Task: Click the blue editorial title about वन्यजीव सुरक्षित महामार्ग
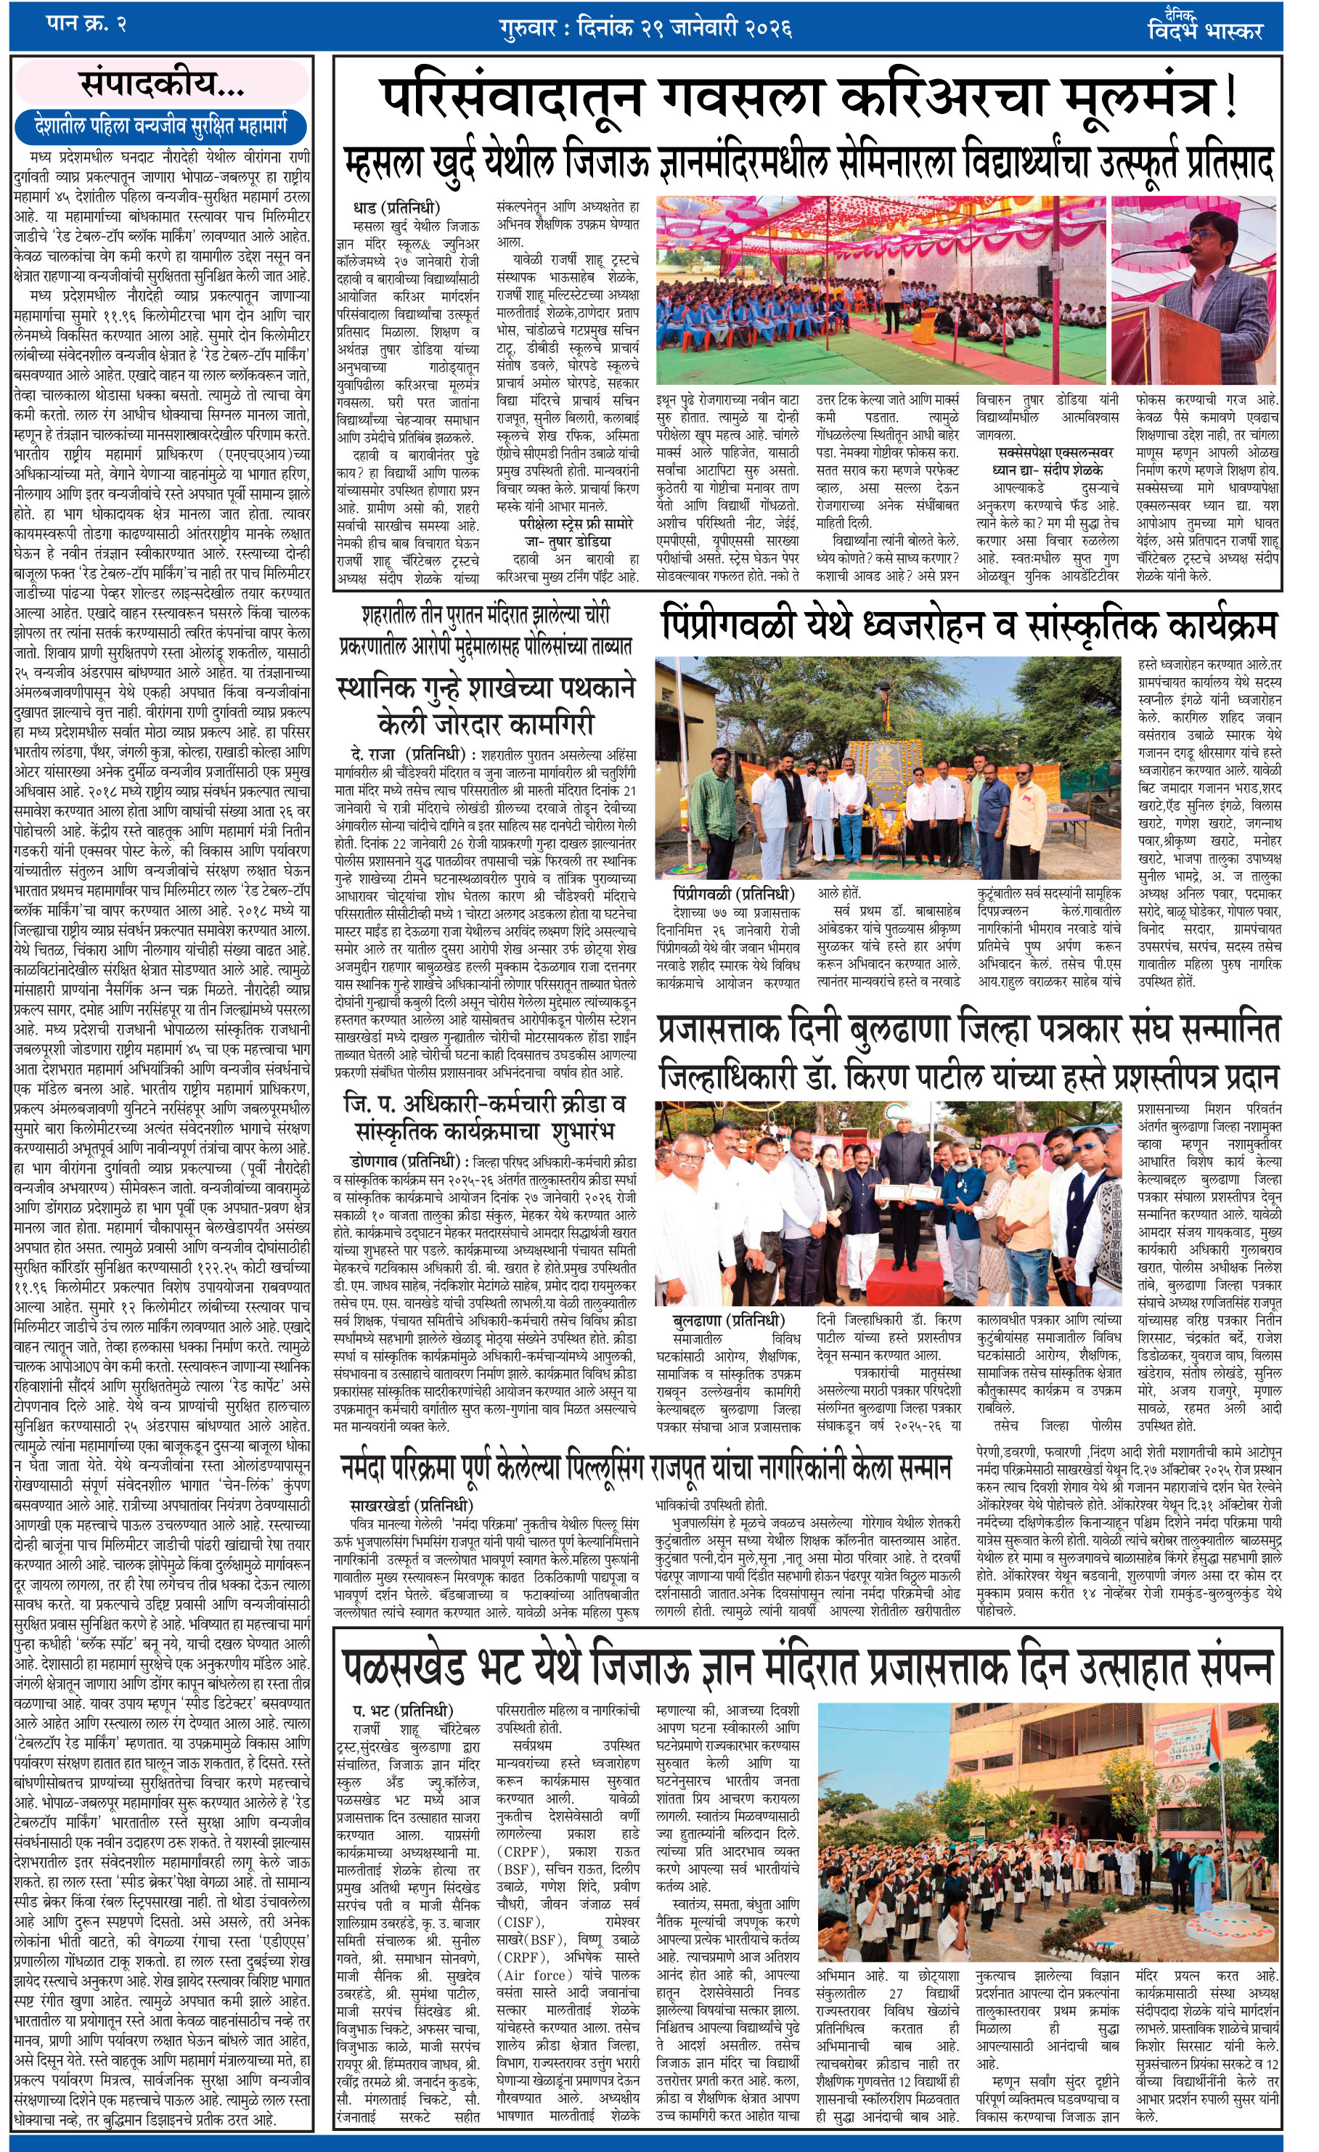(x=163, y=128)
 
